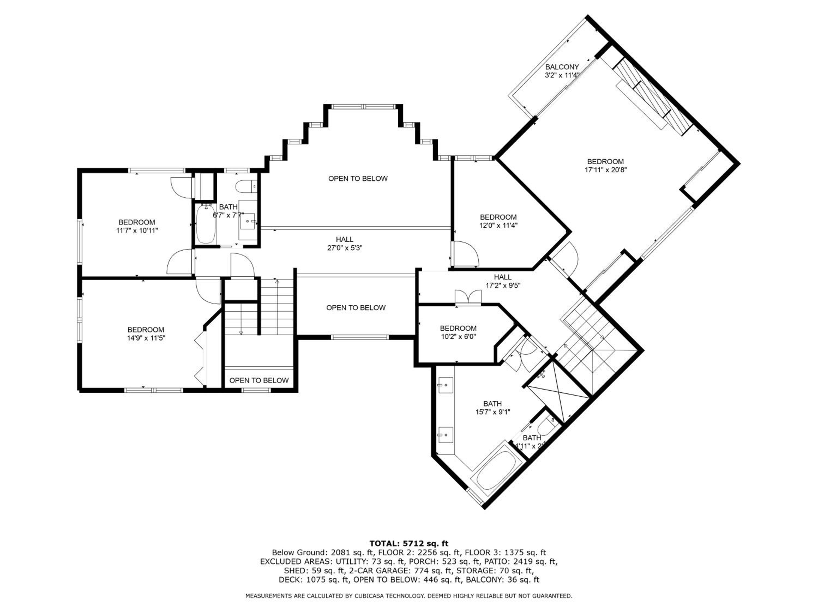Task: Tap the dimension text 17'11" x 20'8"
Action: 605,170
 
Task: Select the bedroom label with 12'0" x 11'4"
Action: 498,217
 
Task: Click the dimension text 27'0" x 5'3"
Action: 345,248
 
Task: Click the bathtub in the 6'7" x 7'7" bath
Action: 204,224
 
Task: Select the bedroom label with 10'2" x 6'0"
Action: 458,328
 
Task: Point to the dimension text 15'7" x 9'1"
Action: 493,412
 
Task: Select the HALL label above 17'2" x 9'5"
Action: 503,277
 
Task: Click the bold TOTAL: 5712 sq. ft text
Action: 409,543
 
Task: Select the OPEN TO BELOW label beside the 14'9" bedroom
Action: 259,380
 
